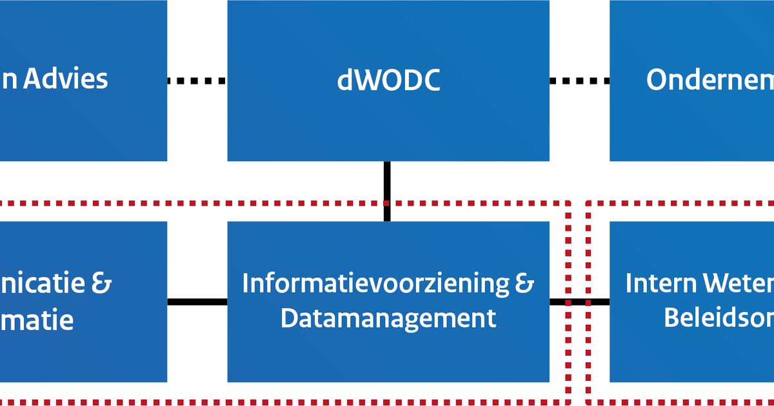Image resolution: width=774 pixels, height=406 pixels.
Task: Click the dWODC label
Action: click(388, 81)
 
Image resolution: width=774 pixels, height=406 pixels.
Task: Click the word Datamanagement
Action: click(388, 318)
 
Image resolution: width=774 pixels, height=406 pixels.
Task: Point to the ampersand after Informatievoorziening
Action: click(526, 284)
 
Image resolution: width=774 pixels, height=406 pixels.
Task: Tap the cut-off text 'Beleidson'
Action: click(719, 318)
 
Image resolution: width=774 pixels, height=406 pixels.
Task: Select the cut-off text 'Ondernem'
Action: click(709, 81)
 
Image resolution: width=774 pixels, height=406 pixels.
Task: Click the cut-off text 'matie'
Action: click(37, 320)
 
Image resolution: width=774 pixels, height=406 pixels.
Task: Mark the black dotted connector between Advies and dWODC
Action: click(197, 81)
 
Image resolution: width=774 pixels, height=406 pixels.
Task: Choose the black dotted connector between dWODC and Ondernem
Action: click(579, 81)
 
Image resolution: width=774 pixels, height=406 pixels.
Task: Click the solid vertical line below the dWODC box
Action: click(387, 191)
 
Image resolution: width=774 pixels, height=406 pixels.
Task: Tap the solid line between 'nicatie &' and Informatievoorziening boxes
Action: click(197, 302)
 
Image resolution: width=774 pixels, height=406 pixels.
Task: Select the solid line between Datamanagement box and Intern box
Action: click(579, 302)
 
